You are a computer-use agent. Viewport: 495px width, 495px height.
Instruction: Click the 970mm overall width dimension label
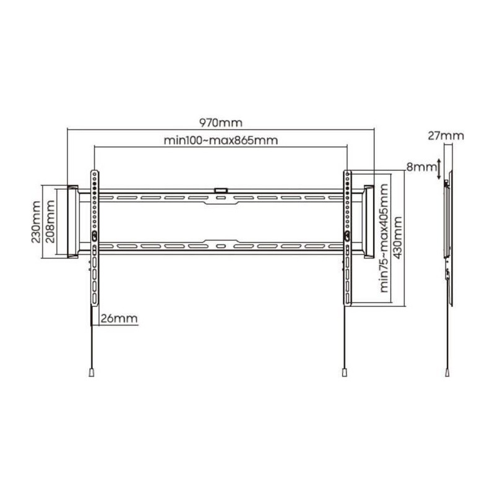pos(221,123)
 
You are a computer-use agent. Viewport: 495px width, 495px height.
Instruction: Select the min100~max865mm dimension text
pos(221,140)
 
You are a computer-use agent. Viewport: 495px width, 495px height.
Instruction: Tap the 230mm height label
pos(36,222)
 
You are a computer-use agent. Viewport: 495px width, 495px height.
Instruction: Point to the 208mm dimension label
pos(50,222)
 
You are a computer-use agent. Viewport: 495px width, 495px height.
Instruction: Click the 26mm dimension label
pos(119,318)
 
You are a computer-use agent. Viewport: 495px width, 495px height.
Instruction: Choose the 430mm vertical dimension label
pos(398,238)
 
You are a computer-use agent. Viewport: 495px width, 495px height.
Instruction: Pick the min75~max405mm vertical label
pos(384,238)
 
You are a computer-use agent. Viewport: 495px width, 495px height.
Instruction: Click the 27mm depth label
pos(446,136)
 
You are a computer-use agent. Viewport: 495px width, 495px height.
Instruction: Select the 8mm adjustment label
pos(421,166)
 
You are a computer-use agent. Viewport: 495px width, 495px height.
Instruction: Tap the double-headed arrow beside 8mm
pos(439,169)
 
